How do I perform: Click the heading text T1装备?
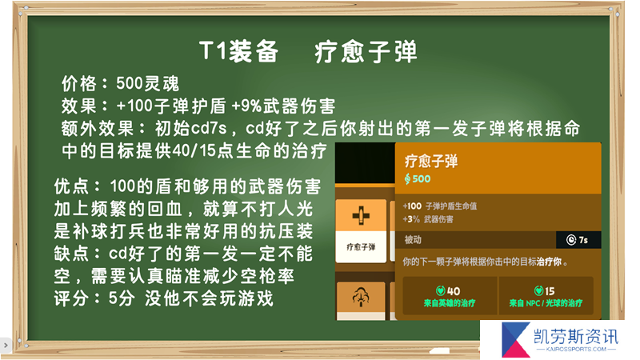238,51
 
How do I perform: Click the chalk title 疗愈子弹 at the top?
366,51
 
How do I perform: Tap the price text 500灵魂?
147,84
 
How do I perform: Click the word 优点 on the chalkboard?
71,186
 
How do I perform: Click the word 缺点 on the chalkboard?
71,254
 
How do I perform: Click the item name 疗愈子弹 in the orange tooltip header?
431,161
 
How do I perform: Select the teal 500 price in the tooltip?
417,178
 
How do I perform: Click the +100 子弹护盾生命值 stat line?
439,206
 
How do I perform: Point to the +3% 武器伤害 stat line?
428,219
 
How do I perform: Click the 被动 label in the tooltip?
413,239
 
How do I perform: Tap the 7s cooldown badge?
578,239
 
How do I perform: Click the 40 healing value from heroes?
453,291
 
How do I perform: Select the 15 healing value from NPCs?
550,291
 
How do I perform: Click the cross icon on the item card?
361,215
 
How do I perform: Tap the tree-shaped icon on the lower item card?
361,297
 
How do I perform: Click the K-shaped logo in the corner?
515,339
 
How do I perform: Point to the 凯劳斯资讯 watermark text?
576,337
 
